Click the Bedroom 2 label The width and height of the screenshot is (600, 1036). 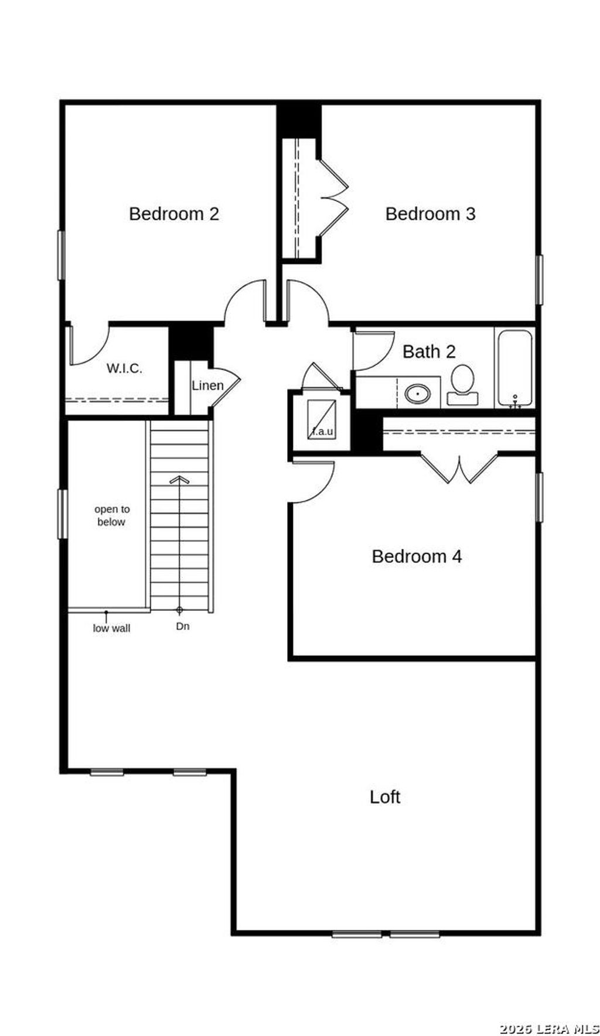[174, 214]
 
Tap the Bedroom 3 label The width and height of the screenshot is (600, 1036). [430, 214]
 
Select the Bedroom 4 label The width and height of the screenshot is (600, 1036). [417, 556]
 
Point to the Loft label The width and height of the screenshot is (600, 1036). [385, 796]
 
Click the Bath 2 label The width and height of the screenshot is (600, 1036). [429, 351]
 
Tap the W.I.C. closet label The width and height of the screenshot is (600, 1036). [124, 368]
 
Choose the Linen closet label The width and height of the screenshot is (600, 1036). [207, 385]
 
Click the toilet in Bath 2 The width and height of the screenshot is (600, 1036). [462, 384]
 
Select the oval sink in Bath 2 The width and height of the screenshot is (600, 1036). [417, 394]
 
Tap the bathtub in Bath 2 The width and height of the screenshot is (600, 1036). [514, 368]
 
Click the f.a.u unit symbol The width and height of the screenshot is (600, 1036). [321, 419]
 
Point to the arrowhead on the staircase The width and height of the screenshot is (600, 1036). [179, 480]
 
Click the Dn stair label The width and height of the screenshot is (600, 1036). [183, 626]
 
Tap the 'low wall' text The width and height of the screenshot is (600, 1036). [111, 628]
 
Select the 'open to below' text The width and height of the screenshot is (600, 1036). [112, 515]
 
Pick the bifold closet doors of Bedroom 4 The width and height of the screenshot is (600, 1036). [460, 469]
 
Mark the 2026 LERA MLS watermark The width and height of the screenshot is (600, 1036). [549, 1028]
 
